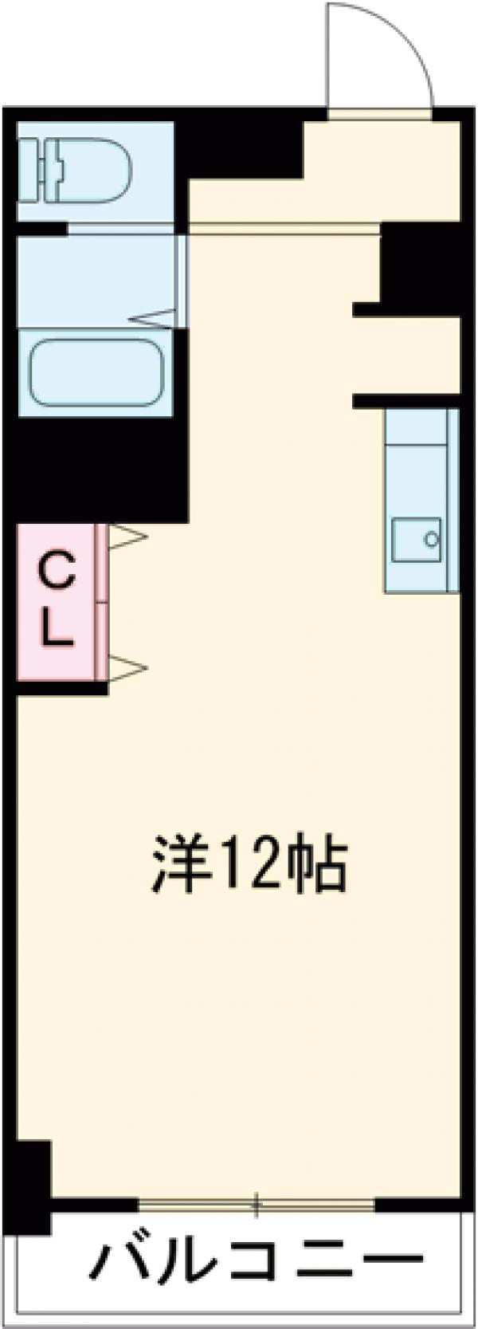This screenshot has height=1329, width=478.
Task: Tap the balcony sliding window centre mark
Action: (x=257, y=1205)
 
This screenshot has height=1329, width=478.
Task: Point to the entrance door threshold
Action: (x=380, y=113)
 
